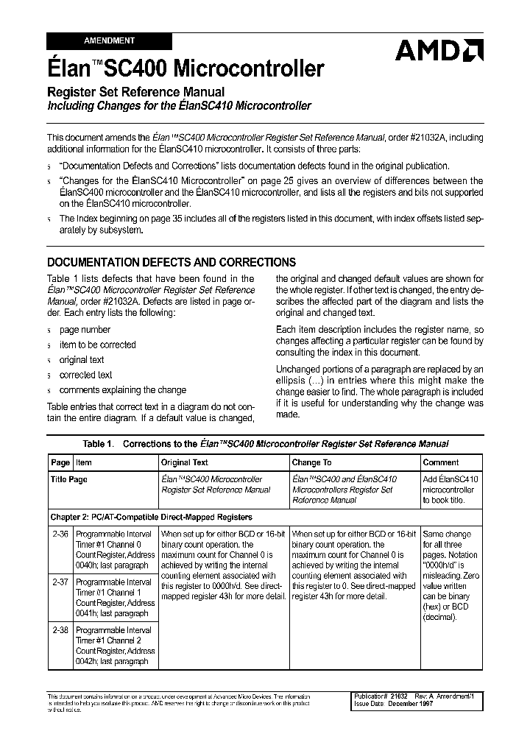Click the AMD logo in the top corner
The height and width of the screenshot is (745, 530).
pos(439,50)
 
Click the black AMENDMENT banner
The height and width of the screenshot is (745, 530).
pos(109,41)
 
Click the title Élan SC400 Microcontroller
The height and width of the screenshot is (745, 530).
pos(185,69)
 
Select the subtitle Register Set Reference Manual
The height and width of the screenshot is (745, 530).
pos(135,92)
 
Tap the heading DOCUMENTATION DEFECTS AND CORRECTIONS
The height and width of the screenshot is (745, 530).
pos(172,262)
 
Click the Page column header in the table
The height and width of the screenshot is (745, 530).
pos(60,462)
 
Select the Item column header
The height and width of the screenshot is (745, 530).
pos(84,462)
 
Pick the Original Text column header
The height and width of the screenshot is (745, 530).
pos(184,462)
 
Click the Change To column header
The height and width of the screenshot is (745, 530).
pos(311,462)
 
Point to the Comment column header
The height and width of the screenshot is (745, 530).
pos(441,462)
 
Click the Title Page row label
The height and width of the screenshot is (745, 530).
pos(68,479)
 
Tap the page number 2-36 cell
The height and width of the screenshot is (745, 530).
pos(60,534)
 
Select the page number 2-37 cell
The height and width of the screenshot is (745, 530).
pos(60,582)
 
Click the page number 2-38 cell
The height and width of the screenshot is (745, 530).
pos(60,630)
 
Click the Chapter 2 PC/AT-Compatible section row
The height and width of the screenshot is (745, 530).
pos(151,518)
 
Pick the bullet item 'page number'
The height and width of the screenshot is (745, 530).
pos(85,330)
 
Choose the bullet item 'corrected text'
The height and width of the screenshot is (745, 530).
pos(86,375)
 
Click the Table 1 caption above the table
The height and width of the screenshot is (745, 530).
pos(265,444)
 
